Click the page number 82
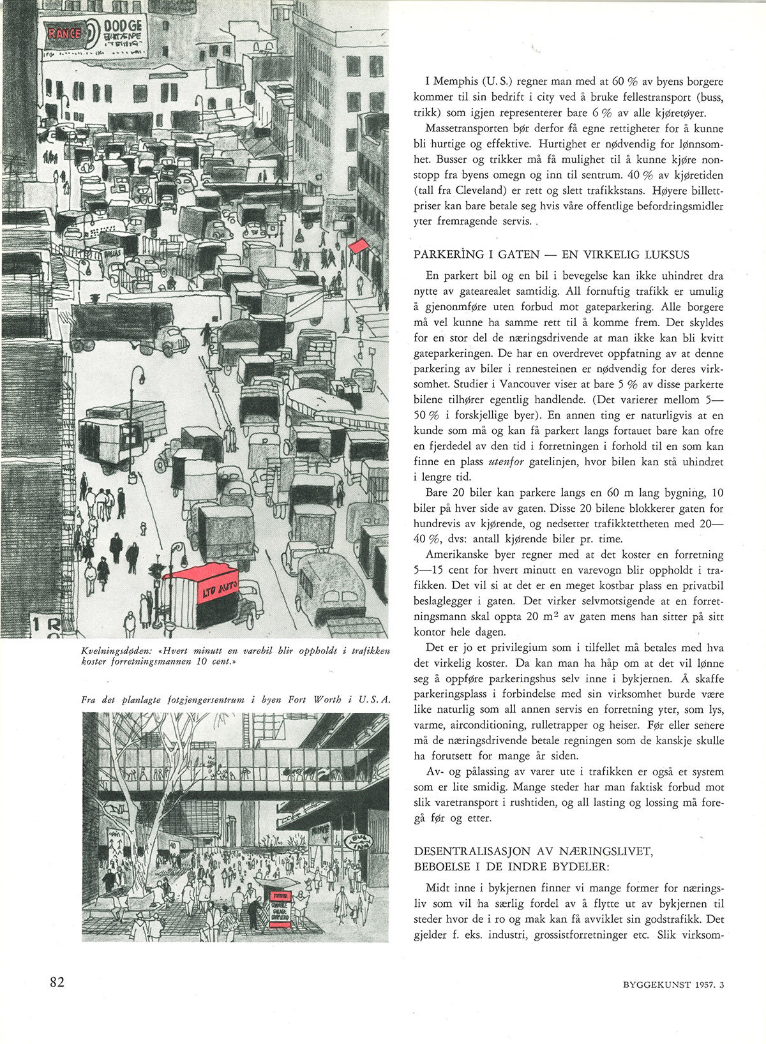(57, 983)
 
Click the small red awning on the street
(359, 246)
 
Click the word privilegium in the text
(503, 648)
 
